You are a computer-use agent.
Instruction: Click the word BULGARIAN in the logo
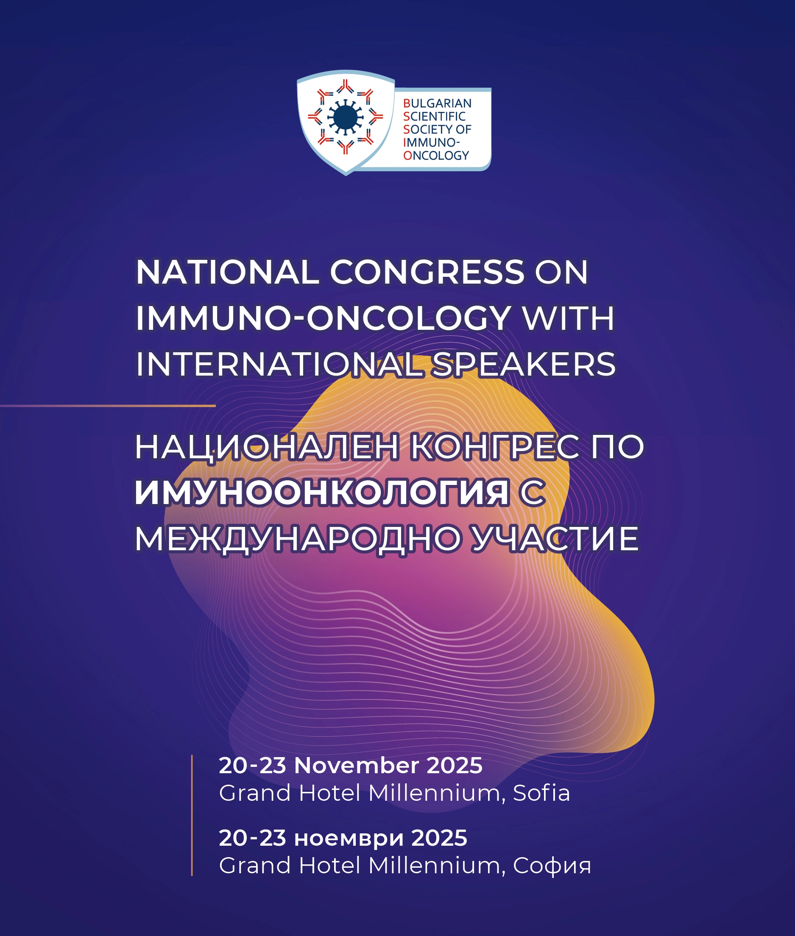[437, 103]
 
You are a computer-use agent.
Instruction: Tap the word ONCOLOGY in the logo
[436, 156]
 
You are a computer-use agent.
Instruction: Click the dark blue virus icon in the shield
[345, 117]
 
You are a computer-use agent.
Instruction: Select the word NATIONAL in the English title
[228, 272]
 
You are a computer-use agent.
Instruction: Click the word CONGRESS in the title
[427, 272]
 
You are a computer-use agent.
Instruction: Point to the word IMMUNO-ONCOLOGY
[323, 319]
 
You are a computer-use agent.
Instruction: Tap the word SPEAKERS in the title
[523, 365]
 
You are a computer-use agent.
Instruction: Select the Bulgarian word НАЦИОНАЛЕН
[267, 448]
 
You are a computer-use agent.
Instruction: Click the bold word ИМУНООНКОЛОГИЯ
[322, 493]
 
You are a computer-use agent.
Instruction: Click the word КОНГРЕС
[494, 448]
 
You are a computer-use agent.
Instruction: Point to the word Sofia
[541, 793]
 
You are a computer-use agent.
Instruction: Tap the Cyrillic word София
[552, 866]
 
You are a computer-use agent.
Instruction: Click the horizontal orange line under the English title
[108, 406]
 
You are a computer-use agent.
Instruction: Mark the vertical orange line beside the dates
[192, 816]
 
